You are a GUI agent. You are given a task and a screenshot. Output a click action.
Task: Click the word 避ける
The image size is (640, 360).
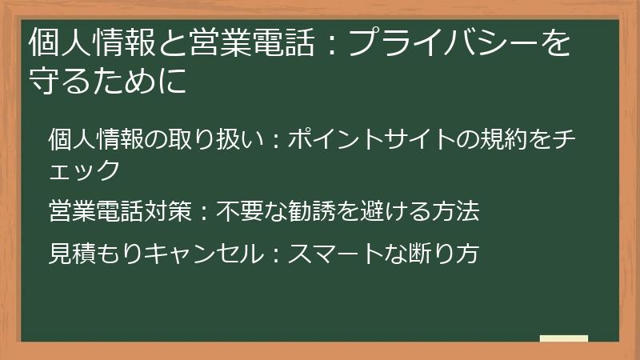[x=395, y=212]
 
